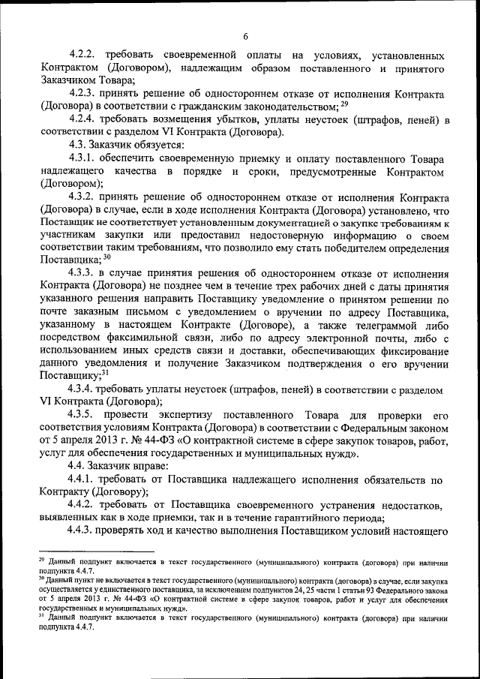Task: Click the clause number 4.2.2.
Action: (82, 56)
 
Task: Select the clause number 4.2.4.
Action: (82, 119)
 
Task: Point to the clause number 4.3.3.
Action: (82, 273)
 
